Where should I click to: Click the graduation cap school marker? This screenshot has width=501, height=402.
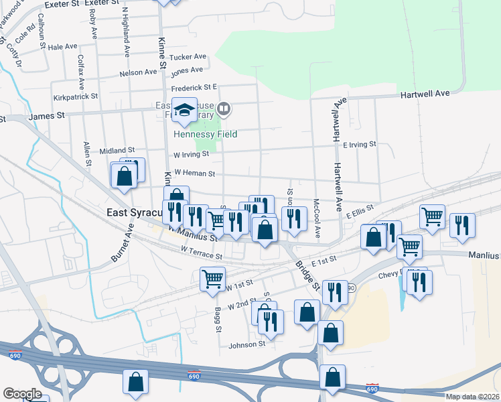click(x=184, y=111)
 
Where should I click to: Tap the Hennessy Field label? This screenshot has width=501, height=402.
click(x=205, y=134)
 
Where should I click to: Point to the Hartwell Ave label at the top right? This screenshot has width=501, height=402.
click(x=425, y=94)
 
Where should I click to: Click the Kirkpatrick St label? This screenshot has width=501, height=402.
click(x=76, y=97)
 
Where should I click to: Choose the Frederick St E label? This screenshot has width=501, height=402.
click(x=194, y=87)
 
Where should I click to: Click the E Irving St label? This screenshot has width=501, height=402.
click(x=360, y=144)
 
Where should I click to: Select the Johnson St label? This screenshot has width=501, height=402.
click(x=247, y=345)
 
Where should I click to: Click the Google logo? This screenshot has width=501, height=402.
click(x=22, y=394)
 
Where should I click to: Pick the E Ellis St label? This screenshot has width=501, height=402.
click(x=359, y=212)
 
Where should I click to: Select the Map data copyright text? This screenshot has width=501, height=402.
click(x=472, y=396)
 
